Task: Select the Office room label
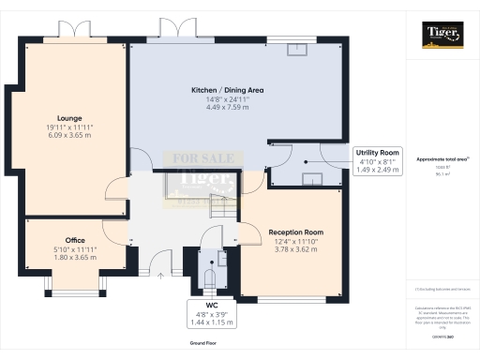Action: pos(75,240)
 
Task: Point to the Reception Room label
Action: pos(295,232)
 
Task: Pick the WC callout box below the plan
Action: pos(211,313)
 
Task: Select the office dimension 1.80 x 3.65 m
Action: pos(75,256)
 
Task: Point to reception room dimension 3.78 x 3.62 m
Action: pos(295,248)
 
